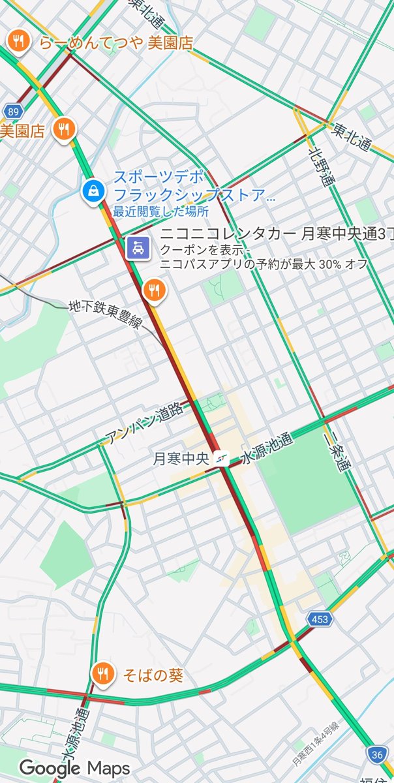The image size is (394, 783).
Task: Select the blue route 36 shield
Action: coord(376,754)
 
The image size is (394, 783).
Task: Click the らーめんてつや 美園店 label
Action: coord(116,43)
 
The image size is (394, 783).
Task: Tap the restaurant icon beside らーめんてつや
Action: coord(17,41)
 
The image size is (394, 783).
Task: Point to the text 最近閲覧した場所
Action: coord(160,211)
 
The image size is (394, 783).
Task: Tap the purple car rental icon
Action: coord(138,248)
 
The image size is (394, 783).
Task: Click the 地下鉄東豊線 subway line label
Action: coord(104,313)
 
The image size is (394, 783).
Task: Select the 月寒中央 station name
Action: coord(181,459)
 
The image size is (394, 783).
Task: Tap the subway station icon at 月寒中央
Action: coord(224,459)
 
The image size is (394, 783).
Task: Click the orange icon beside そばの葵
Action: coord(102,673)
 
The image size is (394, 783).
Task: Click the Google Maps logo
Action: coord(74,768)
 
